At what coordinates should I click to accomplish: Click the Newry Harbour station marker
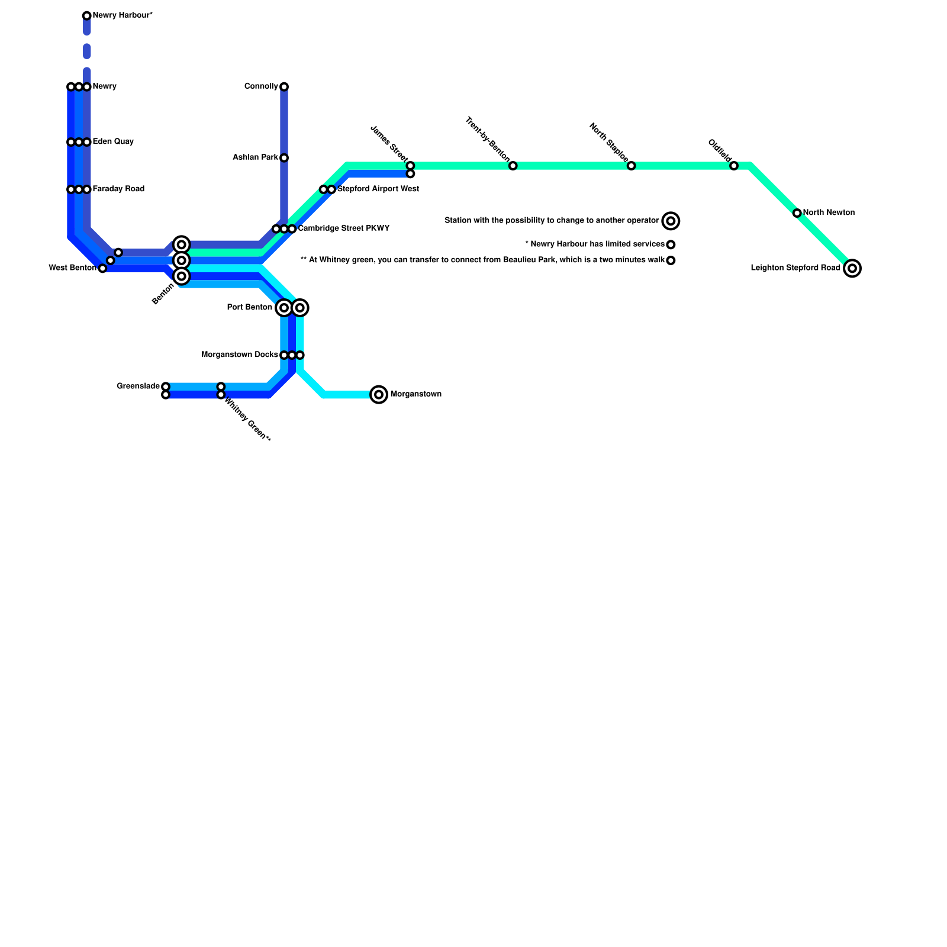pos(87,16)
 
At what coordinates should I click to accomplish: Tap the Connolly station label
pos(261,87)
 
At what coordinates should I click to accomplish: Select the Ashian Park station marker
pos(284,158)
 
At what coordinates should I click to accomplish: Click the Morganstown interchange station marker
pos(379,395)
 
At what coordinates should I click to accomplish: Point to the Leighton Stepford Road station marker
pos(852,269)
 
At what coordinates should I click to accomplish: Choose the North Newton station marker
pos(797,213)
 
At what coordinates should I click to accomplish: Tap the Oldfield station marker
pos(734,166)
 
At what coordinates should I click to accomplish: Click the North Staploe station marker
pos(632,166)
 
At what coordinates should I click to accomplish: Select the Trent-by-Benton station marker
pos(513,166)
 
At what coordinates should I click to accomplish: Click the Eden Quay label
pos(113,142)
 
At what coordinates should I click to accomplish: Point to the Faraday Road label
pos(118,189)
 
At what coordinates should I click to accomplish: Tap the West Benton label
pos(72,268)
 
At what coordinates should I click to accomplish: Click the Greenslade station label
pos(138,386)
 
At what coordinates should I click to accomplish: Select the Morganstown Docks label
pos(239,355)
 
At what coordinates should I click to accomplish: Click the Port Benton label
pos(249,308)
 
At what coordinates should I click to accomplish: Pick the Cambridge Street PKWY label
pos(343,228)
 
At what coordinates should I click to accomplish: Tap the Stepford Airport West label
pos(378,189)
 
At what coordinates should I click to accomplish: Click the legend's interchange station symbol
pos(671,221)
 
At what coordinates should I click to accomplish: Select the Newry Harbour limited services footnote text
pos(594,244)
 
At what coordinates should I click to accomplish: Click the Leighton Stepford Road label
pos(795,268)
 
